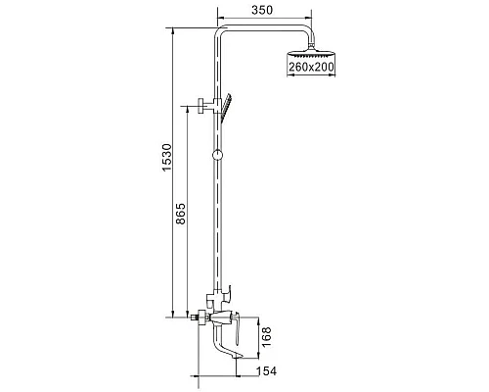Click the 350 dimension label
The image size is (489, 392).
262,10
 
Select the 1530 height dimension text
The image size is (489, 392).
166,157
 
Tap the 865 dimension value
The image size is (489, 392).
180,214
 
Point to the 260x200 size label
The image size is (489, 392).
311,67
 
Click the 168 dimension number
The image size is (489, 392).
266,337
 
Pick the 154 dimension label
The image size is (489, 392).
266,371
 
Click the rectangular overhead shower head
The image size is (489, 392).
311,53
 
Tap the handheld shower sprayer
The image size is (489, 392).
226,108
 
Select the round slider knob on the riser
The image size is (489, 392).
217,155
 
